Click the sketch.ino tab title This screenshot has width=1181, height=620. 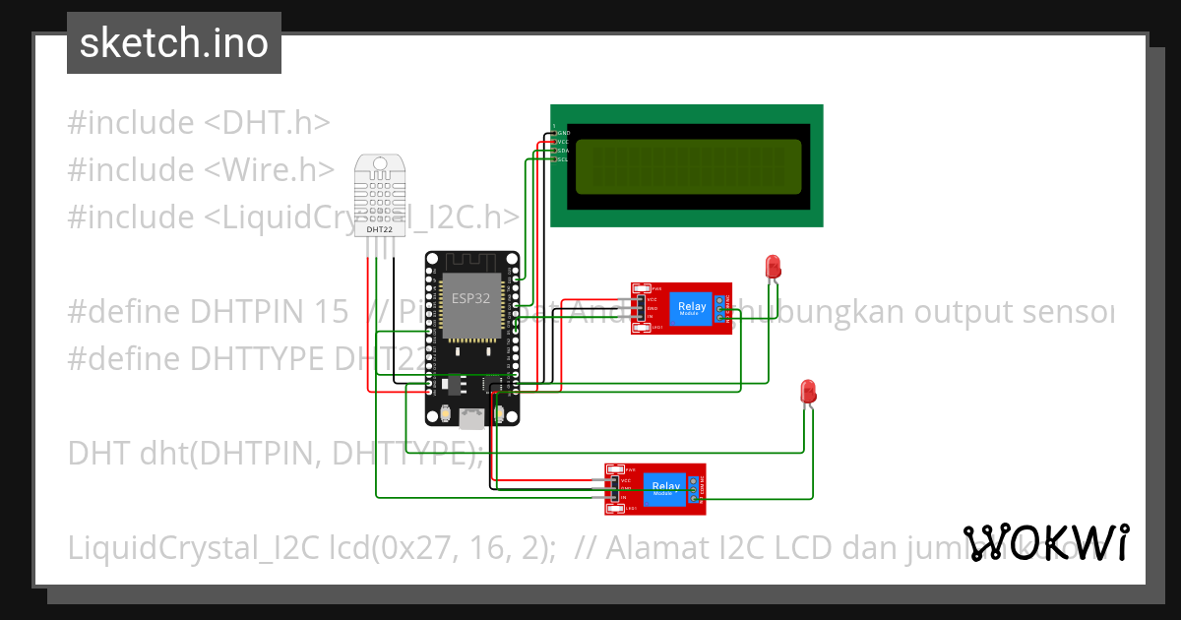click(x=173, y=43)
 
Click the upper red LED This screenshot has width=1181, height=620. click(x=773, y=266)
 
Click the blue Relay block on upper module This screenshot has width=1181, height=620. click(x=692, y=308)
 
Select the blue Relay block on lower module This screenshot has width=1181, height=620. click(x=666, y=487)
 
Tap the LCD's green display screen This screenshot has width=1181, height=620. click(x=688, y=165)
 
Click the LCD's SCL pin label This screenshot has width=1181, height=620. click(x=563, y=158)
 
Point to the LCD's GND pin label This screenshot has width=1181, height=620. click(x=563, y=132)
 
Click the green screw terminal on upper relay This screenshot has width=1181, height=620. click(x=721, y=308)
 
